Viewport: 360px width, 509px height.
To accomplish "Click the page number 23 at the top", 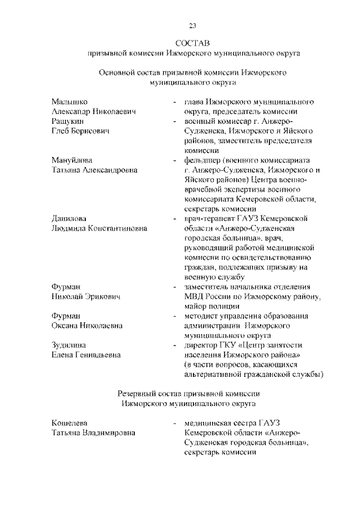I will pos(192,26).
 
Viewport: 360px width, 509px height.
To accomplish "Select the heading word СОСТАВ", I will pos(192,43).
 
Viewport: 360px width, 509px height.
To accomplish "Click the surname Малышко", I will pos(69,102).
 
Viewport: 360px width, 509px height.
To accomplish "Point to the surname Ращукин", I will pos(69,121).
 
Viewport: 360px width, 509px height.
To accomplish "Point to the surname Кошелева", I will pos(70,422).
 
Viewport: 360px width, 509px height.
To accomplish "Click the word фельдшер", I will pos(203,160).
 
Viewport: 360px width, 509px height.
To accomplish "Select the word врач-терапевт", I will pos(212,218).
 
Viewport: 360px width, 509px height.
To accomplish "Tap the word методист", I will pos(202,316).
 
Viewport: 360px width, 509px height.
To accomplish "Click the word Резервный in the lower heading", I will pos(141,393).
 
